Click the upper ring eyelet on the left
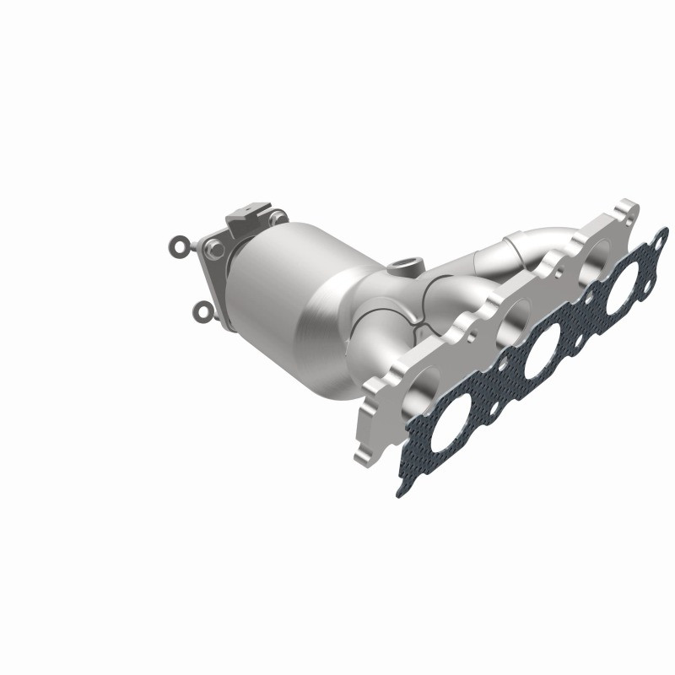178,246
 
